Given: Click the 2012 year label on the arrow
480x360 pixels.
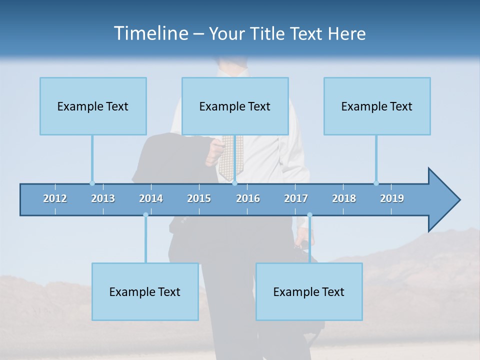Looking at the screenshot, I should pos(55,198).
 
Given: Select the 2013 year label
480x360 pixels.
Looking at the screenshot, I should pos(103,198).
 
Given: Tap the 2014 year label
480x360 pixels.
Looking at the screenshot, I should pos(151,198).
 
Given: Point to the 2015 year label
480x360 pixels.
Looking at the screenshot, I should pos(199,198).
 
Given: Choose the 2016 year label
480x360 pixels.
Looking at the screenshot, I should pos(248,198).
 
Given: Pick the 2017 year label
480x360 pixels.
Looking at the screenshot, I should pos(296,198).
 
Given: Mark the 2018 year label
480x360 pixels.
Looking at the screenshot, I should pos(344,198).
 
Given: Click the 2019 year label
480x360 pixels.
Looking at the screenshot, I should pos(392,198).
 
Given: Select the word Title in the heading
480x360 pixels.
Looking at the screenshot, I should pos(267,34).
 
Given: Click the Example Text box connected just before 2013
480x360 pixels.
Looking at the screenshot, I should pos(93,106).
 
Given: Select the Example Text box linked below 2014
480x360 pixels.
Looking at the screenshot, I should pos(145,291).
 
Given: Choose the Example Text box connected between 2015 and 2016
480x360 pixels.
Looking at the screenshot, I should pos(235,106).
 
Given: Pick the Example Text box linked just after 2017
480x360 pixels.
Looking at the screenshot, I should pos(309,291).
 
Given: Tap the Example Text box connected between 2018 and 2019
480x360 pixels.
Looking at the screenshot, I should pos(377,106).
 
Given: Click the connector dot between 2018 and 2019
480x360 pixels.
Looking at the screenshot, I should pos(376,183).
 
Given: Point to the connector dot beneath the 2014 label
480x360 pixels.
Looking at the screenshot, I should pos(145,215).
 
